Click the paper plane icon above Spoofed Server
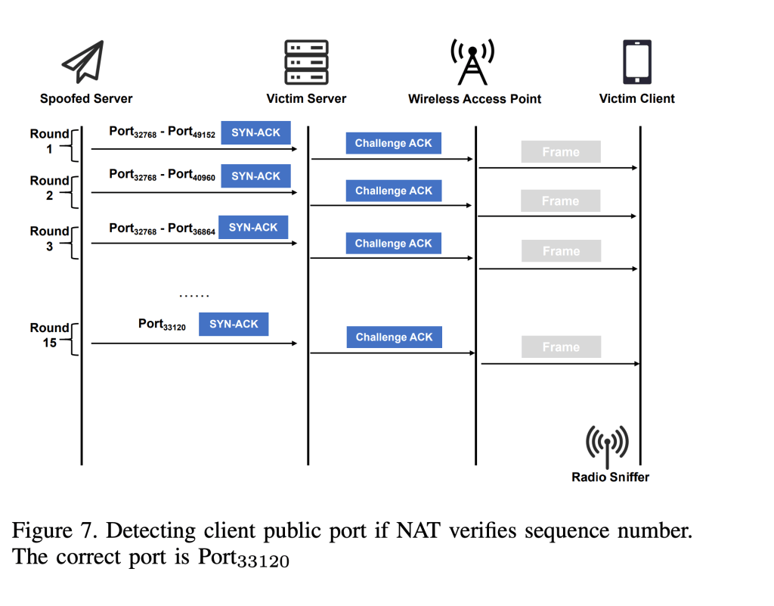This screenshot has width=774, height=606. [84, 62]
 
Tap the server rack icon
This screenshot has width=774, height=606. [306, 62]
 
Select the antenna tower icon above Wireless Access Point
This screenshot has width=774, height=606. [473, 61]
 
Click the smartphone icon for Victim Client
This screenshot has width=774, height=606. [636, 61]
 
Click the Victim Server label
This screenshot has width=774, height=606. [306, 98]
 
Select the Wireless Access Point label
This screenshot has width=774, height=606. [475, 98]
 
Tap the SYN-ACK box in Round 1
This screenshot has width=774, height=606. [255, 132]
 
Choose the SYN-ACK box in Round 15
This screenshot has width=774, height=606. [234, 324]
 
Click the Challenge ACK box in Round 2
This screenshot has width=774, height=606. [394, 191]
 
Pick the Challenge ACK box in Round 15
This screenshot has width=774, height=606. [394, 337]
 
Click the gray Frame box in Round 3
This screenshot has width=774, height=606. [561, 251]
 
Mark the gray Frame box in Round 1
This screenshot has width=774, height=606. [561, 152]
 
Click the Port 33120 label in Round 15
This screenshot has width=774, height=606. [162, 325]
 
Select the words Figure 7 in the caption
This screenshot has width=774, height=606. [52, 530]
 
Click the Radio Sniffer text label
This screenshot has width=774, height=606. [610, 477]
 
